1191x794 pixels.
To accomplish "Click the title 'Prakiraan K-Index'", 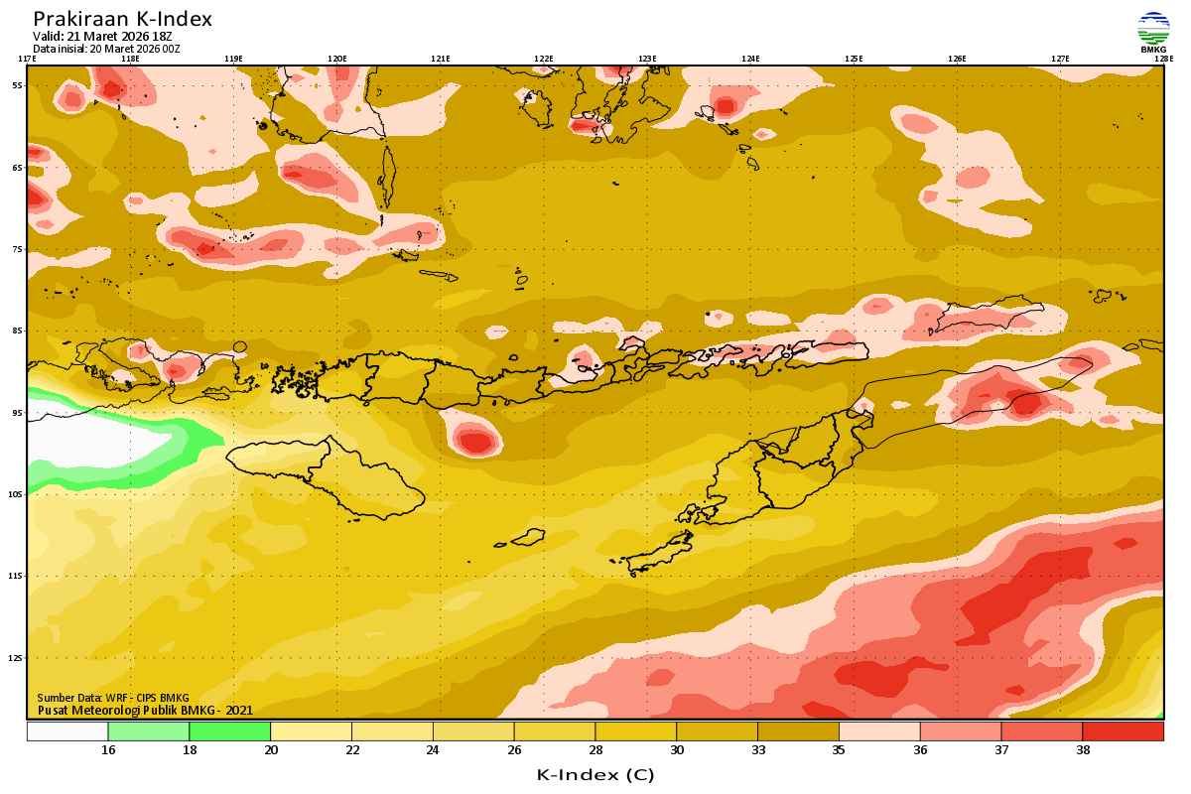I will point(122,19).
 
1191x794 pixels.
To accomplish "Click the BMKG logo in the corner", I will point(1153,32).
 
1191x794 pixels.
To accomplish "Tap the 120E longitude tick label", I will point(336,59).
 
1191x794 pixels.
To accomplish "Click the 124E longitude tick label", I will point(750,59).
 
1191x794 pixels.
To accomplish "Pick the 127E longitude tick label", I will point(1060,59).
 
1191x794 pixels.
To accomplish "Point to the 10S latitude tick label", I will point(17,494).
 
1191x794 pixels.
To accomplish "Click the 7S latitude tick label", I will point(17,249).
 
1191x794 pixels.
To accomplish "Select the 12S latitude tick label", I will point(17,658).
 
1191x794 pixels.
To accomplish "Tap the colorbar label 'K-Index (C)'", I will point(595,774).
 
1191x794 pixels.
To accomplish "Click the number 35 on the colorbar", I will point(839,750).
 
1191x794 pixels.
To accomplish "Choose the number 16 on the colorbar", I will point(108,750).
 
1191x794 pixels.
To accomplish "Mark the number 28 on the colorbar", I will point(595,750).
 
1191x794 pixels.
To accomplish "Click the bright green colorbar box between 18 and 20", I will point(229,731).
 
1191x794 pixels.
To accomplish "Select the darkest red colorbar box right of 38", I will point(1123,731).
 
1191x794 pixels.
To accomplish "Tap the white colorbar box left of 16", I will point(67,731).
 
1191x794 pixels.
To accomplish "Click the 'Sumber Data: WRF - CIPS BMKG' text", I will point(112,698).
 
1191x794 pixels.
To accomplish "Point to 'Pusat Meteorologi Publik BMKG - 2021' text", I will point(145,710).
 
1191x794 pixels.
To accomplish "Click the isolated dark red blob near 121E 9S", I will point(475,440).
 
